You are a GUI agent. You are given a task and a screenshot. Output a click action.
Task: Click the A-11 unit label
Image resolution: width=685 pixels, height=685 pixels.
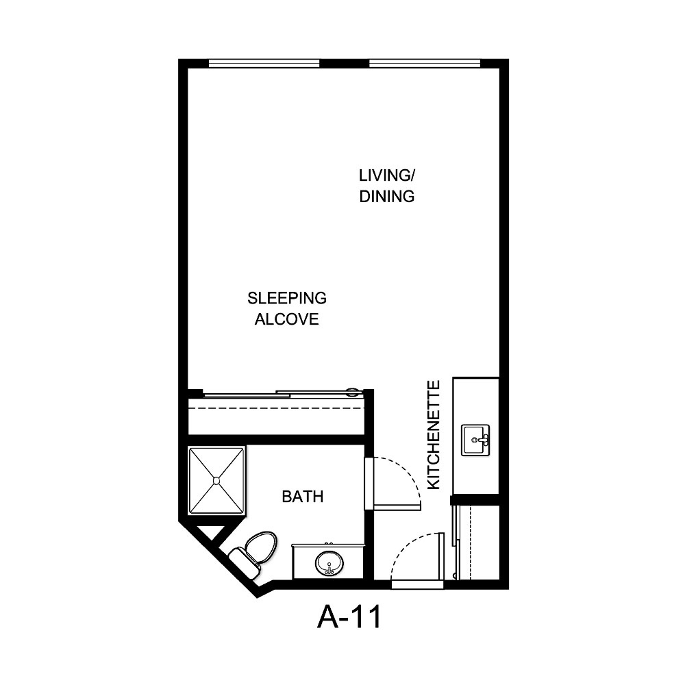click(x=349, y=617)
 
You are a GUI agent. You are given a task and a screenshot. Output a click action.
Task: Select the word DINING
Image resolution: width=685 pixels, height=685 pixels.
click(x=387, y=197)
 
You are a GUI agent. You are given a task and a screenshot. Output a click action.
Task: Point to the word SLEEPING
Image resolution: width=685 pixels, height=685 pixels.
click(x=287, y=299)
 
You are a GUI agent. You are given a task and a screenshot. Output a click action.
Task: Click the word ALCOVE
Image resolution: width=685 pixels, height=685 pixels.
click(x=287, y=319)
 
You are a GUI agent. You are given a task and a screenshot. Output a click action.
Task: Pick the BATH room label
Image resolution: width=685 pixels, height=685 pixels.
click(x=302, y=497)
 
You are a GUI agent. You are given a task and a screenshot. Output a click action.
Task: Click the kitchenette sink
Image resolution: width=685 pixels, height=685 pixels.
click(x=475, y=440)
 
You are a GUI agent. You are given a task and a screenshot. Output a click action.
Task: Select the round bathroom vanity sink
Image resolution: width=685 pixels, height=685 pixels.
click(x=329, y=564)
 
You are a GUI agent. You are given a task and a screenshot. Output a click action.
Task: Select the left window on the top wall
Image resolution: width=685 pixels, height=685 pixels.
click(x=264, y=64)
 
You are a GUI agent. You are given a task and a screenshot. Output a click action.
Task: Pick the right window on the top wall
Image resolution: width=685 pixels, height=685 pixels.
click(x=425, y=64)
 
